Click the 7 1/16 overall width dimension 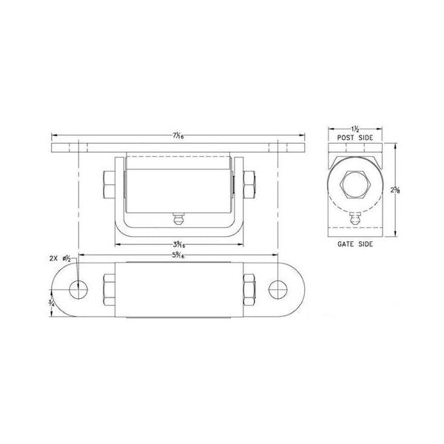point(178,135)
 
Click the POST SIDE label point(354,138)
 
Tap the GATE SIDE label point(354,243)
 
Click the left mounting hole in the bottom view point(76,287)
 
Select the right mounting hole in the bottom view point(279,287)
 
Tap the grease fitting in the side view point(355,219)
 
